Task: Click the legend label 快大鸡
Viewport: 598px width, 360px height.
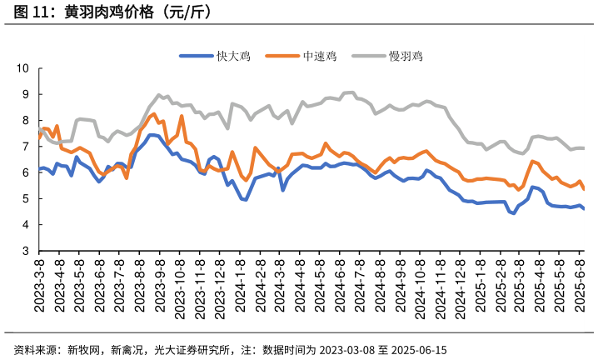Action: coord(235,56)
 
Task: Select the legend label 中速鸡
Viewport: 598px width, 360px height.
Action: coord(320,56)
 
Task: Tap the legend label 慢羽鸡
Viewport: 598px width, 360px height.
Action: coord(406,56)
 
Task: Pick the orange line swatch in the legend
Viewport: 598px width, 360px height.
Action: coord(282,56)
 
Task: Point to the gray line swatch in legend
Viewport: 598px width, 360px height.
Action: coord(367,56)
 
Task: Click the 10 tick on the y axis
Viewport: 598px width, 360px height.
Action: coord(23,68)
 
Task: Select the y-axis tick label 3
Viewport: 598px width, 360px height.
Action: coord(27,251)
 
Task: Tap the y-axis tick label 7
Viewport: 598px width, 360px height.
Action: coord(27,147)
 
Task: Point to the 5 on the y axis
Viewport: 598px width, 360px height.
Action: coord(27,198)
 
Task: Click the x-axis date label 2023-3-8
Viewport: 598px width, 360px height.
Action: coord(39,285)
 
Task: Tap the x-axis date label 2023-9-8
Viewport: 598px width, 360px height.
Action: coord(160,285)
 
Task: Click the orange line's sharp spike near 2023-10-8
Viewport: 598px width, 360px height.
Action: coord(182,116)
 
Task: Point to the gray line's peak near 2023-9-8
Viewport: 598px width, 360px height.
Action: coord(159,95)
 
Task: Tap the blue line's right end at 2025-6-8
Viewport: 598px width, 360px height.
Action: coord(583,209)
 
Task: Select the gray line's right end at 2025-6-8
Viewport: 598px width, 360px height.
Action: coord(583,147)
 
